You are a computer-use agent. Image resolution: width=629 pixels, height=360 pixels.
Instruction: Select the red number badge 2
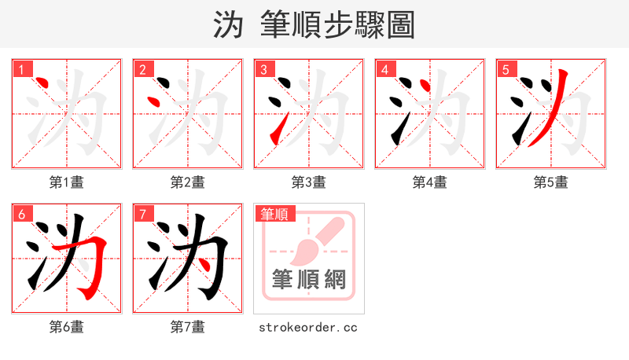(x=142, y=69)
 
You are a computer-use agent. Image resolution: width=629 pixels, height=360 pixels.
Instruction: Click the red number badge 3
(x=263, y=69)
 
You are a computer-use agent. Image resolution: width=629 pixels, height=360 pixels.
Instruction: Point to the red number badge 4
(x=384, y=69)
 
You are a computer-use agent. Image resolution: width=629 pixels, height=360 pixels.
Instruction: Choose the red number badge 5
(x=506, y=69)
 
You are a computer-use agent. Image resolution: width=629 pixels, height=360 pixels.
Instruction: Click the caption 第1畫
(x=67, y=182)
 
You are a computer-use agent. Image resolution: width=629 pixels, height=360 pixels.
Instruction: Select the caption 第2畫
(x=188, y=182)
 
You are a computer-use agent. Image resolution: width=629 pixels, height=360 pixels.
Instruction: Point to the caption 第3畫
(x=309, y=182)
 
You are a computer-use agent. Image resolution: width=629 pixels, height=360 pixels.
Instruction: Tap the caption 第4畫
(x=430, y=182)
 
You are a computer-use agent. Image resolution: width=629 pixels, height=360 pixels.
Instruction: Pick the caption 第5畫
(x=551, y=182)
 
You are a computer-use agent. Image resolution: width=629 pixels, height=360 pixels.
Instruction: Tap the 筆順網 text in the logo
(x=309, y=279)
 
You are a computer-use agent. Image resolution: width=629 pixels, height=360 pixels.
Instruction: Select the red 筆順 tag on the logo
(x=274, y=214)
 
